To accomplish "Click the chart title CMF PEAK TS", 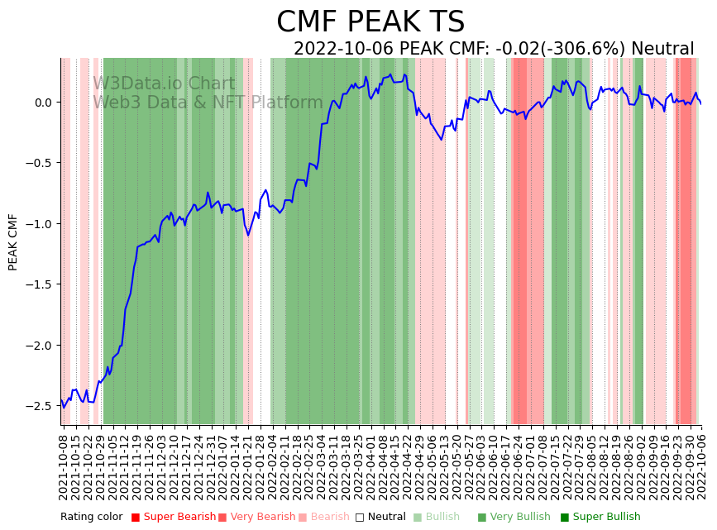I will click(x=370, y=22).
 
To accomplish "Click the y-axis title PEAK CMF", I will click(x=13, y=241).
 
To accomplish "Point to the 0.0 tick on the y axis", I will click(x=41, y=103).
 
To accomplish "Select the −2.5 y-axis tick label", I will click(x=38, y=406).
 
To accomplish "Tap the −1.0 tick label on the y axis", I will click(x=38, y=224).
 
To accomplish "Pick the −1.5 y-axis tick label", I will click(x=38, y=284).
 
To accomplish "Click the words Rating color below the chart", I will click(x=91, y=517).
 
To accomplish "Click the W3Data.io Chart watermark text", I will click(x=164, y=84).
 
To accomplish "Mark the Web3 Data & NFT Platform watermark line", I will click(x=208, y=103).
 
